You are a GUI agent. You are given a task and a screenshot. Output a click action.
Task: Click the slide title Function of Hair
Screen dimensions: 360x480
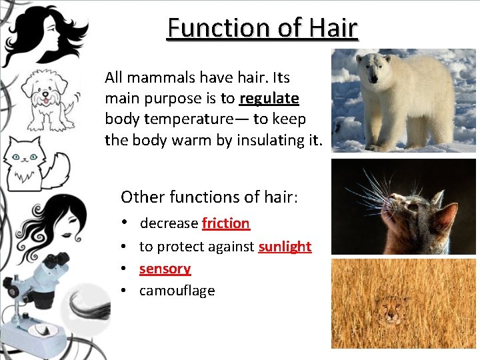coord(262,28)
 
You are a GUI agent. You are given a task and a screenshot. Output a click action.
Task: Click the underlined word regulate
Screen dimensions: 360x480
coord(269,99)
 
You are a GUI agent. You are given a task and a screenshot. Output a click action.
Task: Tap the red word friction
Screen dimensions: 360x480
coord(225,223)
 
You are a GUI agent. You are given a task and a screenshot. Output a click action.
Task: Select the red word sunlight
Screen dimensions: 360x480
coord(285,247)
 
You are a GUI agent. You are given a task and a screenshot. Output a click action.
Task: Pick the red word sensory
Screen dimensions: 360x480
coord(165,269)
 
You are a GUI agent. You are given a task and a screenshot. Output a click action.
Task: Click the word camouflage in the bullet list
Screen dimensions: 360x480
coord(177,291)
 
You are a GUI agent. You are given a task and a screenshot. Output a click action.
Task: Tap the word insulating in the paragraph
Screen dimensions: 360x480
coord(269,140)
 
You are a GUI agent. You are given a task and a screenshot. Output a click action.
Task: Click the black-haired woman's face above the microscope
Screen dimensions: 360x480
coord(40,223)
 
